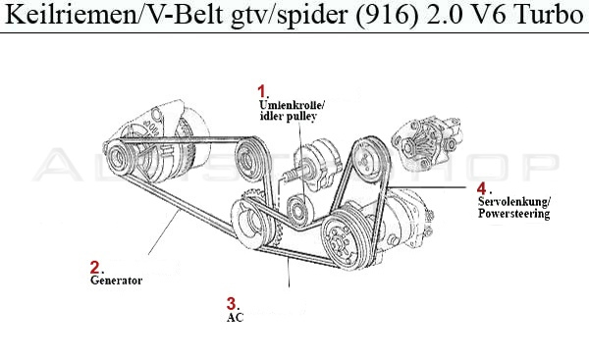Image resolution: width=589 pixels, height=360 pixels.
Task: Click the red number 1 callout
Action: click(261, 91)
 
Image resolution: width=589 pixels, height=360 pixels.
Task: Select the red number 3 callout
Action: click(232, 303)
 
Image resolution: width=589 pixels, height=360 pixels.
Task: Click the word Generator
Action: click(116, 280)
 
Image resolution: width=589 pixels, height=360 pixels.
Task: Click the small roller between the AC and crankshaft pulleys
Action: click(294, 207)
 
